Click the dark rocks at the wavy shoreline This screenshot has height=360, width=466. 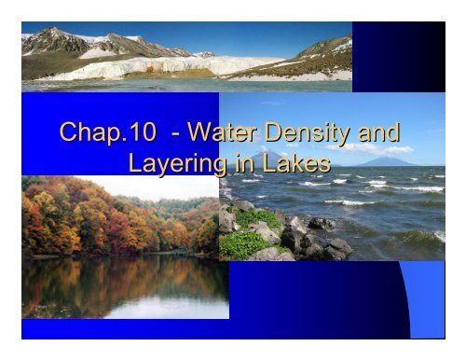(322, 242)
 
